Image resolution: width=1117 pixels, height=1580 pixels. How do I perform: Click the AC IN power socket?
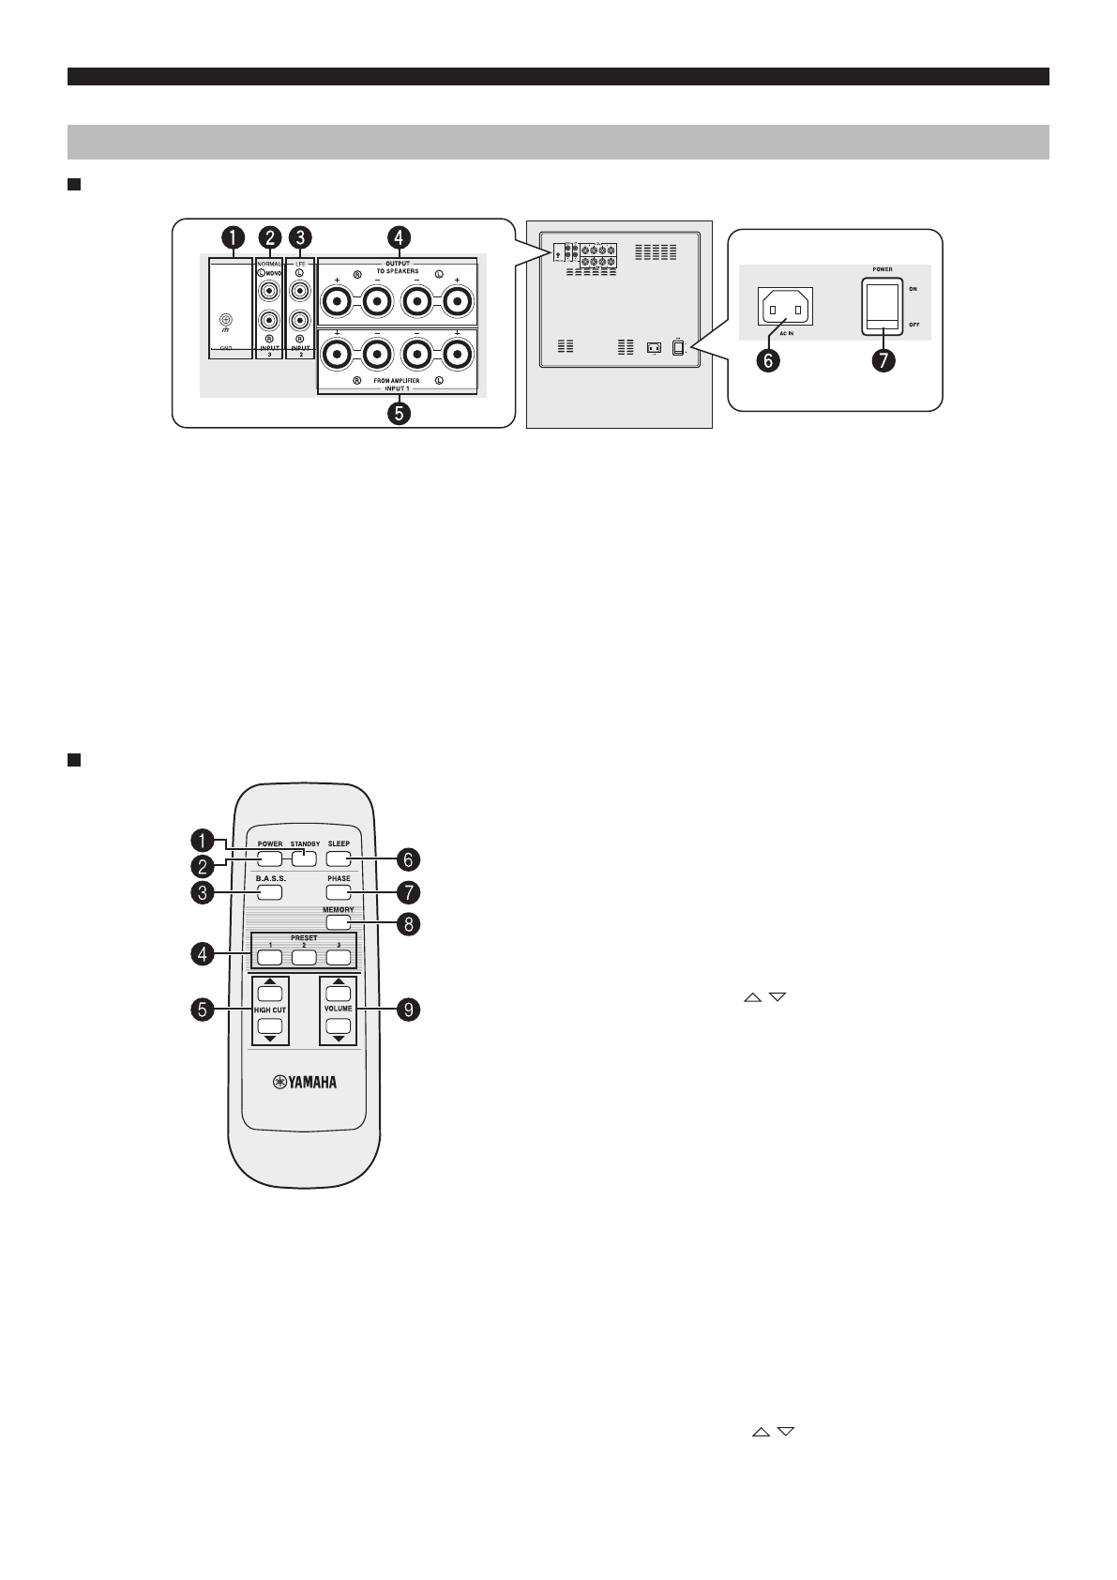click(x=783, y=307)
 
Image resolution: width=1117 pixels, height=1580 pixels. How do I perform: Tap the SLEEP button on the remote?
click(x=339, y=858)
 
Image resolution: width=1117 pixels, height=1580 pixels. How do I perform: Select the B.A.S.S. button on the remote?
click(x=270, y=892)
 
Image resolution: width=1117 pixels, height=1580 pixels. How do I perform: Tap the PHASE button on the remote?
click(x=339, y=891)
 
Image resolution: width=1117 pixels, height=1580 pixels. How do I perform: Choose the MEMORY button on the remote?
click(x=339, y=922)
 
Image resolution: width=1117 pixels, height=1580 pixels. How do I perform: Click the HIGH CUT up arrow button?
click(x=270, y=993)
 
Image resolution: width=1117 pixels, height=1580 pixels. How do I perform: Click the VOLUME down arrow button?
click(x=339, y=1026)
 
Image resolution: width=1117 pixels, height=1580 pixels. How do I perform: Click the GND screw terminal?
click(x=224, y=319)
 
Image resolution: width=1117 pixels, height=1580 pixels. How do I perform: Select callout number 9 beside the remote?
click(x=408, y=1010)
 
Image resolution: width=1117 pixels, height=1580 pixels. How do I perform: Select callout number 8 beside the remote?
click(x=408, y=923)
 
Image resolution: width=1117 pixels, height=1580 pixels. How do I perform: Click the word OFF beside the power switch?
click(x=913, y=324)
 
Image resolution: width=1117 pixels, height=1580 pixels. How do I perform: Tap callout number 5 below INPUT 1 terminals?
click(x=400, y=413)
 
